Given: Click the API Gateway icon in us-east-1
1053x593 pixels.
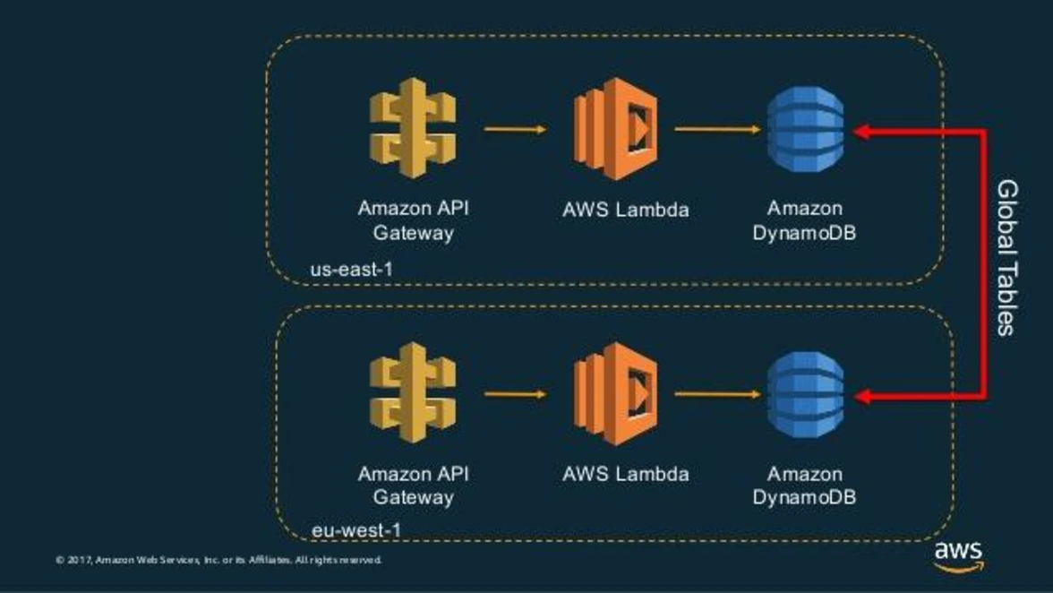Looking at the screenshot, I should [x=413, y=129].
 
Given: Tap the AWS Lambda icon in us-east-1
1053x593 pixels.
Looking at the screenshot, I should [x=616, y=129].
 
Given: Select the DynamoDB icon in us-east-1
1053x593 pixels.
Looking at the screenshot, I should [x=805, y=131].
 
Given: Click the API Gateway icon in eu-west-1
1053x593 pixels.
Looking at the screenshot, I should [x=413, y=393].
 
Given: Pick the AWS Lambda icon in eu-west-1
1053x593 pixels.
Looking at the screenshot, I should [x=616, y=393].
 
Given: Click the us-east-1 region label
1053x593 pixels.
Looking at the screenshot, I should [x=351, y=269].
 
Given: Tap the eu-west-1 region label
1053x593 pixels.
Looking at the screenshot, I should [x=355, y=530].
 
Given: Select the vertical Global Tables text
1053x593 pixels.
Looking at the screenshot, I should [x=1007, y=258].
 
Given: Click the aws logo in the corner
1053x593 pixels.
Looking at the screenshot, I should [x=958, y=555].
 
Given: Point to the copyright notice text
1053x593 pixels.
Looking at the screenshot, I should [x=218, y=560].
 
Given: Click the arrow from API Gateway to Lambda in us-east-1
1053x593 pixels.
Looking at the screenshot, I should [x=515, y=129].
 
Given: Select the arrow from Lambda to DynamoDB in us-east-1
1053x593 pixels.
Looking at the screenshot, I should [x=716, y=129].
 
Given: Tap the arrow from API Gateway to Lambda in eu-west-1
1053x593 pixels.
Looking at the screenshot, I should [x=515, y=393].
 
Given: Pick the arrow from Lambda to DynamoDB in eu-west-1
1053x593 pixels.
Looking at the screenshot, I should [x=716, y=393].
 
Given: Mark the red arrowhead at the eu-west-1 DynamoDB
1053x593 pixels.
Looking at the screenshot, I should [x=861, y=395].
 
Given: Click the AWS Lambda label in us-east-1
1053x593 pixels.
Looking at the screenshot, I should [x=626, y=211].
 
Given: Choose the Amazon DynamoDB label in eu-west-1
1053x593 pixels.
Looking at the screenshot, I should [x=804, y=485].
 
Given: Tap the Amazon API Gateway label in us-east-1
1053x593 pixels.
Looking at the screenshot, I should [x=413, y=220].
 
